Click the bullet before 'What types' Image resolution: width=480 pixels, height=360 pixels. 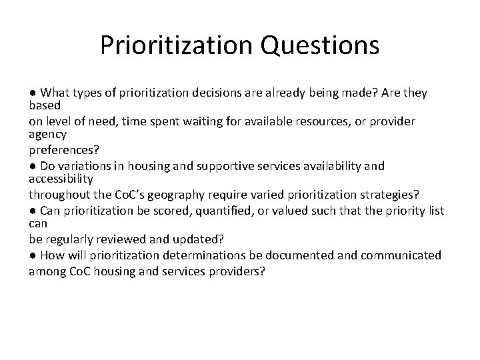click(32, 93)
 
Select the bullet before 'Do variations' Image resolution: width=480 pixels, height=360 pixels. click(32, 165)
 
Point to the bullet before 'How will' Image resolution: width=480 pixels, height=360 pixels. click(32, 255)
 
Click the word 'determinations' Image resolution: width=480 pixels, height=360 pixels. click(213, 255)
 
